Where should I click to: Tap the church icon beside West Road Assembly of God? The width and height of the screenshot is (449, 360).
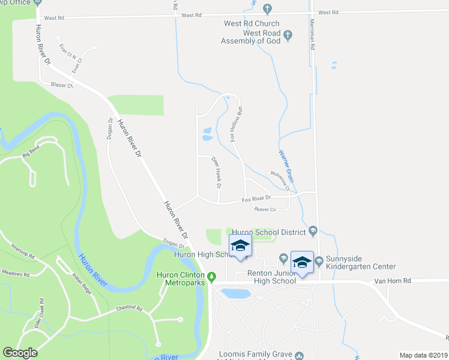[x=288, y=35]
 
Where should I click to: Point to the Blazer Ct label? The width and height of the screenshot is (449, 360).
[x=62, y=85]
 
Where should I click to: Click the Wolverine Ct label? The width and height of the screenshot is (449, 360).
[x=280, y=180]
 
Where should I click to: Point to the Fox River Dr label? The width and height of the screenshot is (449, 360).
[x=257, y=198]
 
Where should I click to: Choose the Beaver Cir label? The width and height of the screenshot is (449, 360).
[x=264, y=209]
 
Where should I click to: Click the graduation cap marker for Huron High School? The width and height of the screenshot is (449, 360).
[x=240, y=247]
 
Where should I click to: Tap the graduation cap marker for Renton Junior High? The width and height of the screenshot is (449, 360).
[x=302, y=263]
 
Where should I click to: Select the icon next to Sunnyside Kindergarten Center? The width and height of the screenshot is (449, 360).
[x=319, y=260]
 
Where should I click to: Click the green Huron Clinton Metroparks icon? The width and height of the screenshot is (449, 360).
[x=212, y=280]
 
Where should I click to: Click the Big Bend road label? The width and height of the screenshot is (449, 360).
[x=34, y=155]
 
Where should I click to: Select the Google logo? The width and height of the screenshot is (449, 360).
[x=20, y=353]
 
